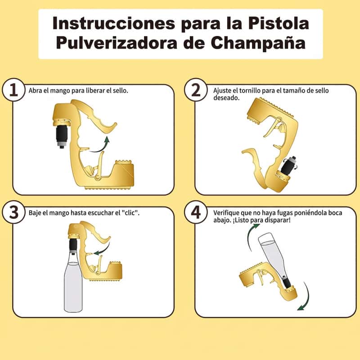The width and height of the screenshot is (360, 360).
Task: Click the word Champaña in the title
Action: point(258,43)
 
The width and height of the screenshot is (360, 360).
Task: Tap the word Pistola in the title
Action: point(279,23)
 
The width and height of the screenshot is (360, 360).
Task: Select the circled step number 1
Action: point(13,90)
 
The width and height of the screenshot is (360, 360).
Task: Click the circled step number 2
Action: point(196,90)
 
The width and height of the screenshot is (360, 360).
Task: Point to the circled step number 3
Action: point(13,212)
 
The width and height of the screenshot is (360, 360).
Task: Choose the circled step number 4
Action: point(196,212)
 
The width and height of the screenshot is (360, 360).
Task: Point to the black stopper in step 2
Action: point(288,165)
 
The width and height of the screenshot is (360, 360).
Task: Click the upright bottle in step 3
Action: point(73,283)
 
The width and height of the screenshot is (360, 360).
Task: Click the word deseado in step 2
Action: point(226,98)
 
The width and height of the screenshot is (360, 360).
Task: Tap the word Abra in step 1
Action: point(36,90)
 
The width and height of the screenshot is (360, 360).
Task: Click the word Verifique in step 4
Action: point(226,213)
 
